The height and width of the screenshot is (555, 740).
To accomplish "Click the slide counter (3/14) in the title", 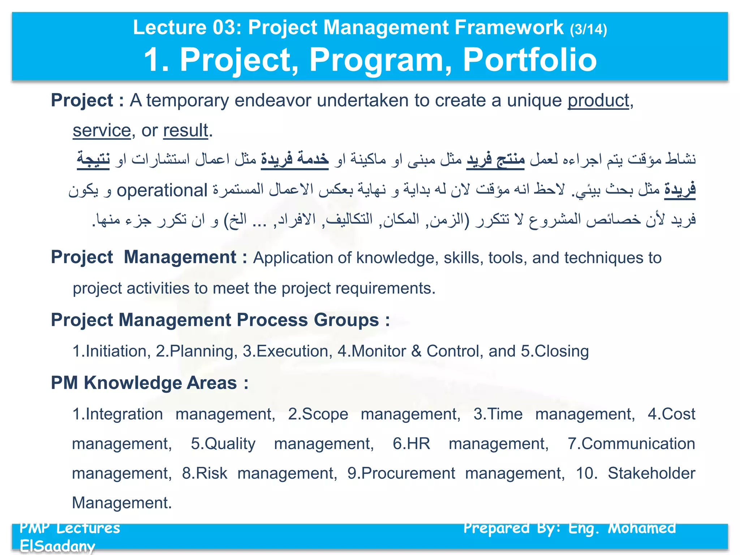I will pos(588,29).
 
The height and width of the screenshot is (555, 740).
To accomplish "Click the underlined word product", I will pos(598,100).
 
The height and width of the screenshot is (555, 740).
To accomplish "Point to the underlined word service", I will pos(102,130).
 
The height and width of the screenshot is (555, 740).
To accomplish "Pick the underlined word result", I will pos(186,130).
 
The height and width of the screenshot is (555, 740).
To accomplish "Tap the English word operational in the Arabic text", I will pos(162,190).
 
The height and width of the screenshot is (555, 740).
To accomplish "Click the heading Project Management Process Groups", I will pos(220,320).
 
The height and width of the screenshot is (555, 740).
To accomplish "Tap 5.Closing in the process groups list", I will pos(555,351).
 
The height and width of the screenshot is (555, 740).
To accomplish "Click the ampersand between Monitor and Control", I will pos(416,351).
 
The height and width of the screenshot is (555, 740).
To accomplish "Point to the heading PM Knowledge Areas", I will pos(149,383).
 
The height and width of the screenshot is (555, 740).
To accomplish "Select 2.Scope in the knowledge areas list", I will pos(318,414).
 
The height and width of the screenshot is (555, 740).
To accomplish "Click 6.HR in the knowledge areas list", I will pos(411,444).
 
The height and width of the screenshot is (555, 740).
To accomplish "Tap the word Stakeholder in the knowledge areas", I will pos(651,473).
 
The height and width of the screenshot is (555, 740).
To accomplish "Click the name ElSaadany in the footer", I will pos(57,546).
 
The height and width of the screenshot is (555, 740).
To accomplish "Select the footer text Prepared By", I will pos(512,529).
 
